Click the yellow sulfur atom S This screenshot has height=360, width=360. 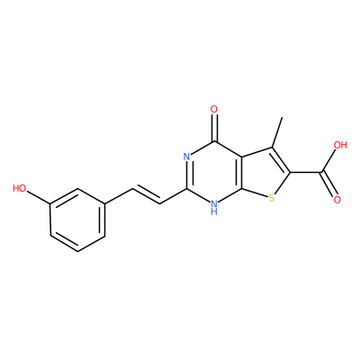[271, 198]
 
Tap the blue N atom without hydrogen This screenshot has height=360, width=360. [186, 157]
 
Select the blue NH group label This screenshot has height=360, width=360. [213, 208]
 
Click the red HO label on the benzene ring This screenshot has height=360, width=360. [20, 188]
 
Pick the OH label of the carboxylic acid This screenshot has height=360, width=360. [340, 146]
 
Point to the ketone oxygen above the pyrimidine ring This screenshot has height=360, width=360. [214, 109]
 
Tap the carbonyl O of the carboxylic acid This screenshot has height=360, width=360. [337, 200]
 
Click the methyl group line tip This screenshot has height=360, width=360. [282, 117]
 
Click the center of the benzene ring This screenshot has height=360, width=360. [77, 220]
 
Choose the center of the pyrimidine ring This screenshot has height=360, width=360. [213, 173]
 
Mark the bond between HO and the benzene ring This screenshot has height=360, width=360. [39, 197]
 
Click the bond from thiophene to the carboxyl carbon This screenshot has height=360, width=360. [306, 172]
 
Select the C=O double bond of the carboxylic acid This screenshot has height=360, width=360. [328, 184]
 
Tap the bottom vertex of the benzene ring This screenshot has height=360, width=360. [77, 251]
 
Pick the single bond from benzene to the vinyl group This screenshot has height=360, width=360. [119, 196]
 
